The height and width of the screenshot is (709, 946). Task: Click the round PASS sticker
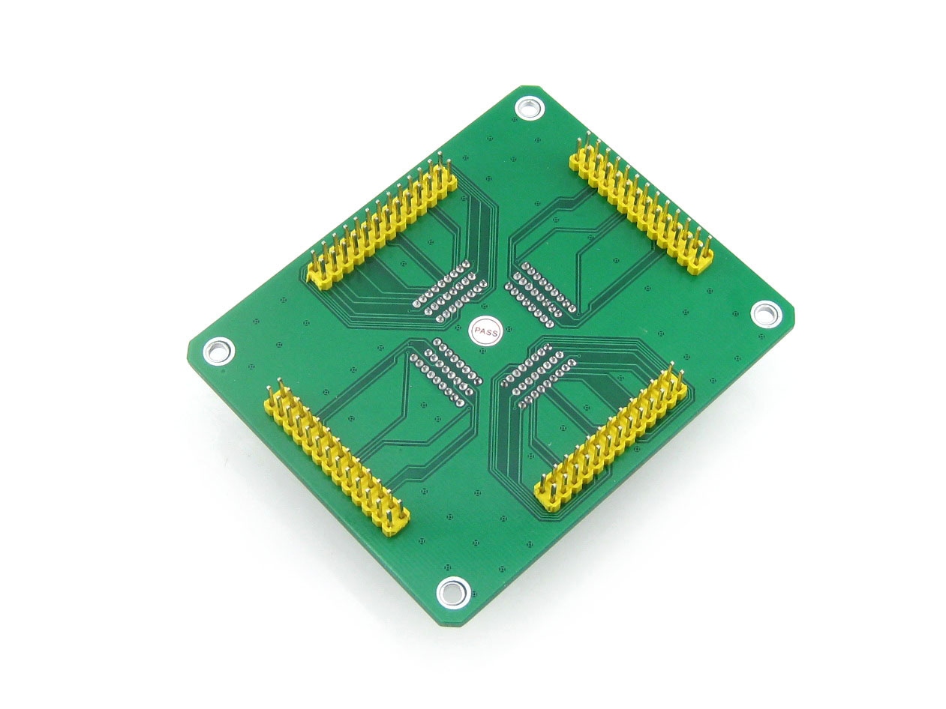point(485,331)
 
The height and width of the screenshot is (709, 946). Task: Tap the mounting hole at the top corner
point(529,108)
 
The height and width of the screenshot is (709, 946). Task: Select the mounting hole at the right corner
point(766,313)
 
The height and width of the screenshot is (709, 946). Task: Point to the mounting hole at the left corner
point(218,351)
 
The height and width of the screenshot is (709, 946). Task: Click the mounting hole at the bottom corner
point(452,593)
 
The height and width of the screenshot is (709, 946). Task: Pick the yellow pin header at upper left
point(381,224)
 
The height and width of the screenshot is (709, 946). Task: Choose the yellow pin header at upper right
point(641,202)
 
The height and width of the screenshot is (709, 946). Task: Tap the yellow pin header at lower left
point(336,459)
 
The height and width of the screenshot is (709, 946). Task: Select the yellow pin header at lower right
point(610,439)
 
